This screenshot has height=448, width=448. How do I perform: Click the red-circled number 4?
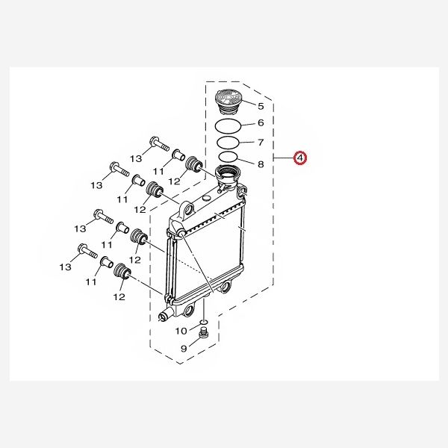tap(299, 158)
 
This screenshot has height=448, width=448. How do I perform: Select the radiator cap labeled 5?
tap(226, 100)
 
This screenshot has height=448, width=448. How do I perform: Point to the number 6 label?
tap(261, 123)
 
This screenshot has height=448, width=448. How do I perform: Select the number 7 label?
tap(261, 143)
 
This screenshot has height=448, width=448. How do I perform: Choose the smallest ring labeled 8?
tap(228, 158)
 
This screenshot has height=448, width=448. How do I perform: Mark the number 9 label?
tap(184, 347)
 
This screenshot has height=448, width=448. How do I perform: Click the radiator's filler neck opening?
tap(227, 176)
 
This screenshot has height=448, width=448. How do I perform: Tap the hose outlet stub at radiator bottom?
tap(165, 315)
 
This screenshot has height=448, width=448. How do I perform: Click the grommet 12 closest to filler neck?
tap(194, 164)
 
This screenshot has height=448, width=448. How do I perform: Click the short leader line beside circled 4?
tap(284, 158)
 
